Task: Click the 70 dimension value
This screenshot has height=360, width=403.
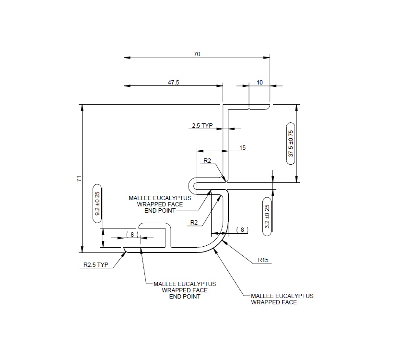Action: coord(197,54)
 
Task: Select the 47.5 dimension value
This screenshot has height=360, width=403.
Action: coord(173,83)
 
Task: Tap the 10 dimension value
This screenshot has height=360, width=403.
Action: coord(260,83)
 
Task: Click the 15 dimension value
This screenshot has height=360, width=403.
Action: coord(243,148)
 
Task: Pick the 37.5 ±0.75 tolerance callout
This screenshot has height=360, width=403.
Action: coord(291,144)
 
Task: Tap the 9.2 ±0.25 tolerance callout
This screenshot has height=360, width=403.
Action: coord(97,206)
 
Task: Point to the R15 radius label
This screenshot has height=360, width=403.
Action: coord(262,260)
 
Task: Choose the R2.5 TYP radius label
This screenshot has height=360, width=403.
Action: coord(96,264)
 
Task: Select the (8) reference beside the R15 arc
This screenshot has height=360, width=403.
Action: coord(242,230)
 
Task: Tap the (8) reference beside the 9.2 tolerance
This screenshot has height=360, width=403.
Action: coord(131,234)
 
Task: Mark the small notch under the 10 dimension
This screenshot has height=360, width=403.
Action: coord(249,109)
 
